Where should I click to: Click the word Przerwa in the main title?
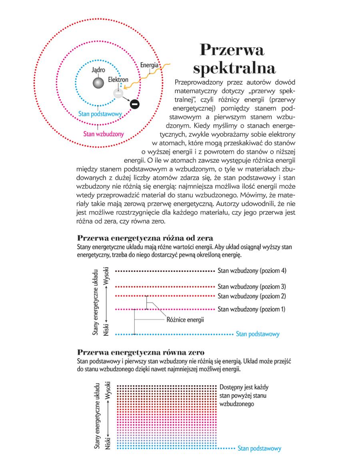[232, 51]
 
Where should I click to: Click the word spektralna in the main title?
[234, 68]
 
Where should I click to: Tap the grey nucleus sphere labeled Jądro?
[98, 83]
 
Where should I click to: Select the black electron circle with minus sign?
[135, 104]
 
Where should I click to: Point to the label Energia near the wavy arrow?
[150, 65]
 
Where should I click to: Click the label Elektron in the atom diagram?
[118, 80]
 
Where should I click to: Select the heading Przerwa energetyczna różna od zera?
[145, 239]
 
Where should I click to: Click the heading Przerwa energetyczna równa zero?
[141, 352]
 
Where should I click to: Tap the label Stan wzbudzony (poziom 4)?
[252, 271]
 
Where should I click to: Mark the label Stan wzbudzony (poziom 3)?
[252, 287]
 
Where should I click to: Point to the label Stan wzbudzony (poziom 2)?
[252, 296]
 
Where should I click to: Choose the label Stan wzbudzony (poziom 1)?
[252, 309]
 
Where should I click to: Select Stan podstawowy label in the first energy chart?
[258, 334]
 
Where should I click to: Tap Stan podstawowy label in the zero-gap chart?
[259, 448]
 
